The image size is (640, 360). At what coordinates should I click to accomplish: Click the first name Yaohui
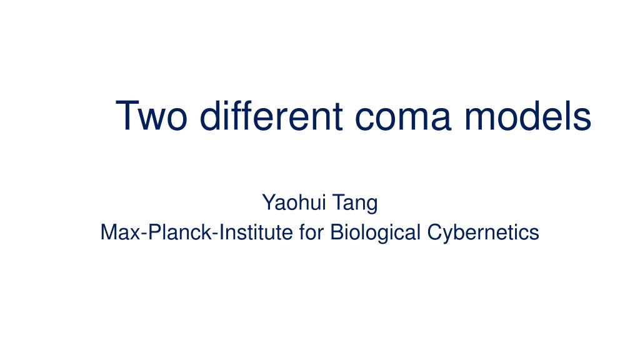tap(295, 203)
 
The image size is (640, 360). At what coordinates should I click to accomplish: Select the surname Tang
tap(356, 203)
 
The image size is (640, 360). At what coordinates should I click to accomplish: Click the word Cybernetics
tap(483, 233)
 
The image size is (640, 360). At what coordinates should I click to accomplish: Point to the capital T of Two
tap(127, 116)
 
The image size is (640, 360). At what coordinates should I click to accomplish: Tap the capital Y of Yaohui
tap(267, 203)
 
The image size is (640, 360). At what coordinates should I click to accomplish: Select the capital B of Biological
tap(336, 233)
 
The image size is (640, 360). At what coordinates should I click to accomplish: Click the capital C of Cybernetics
tap(434, 233)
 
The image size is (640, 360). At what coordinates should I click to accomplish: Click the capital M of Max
tap(108, 233)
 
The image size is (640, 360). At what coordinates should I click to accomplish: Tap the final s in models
tap(582, 119)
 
